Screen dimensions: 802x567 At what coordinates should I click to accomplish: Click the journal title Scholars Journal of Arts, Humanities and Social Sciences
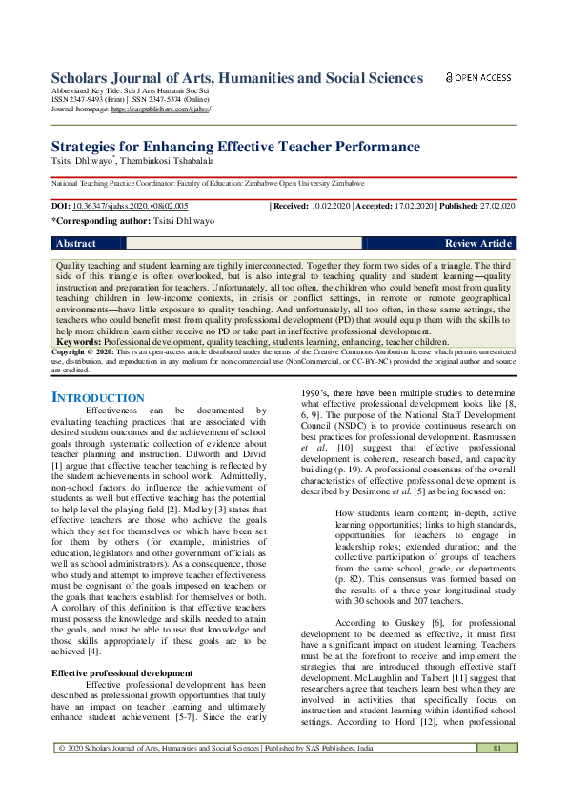tap(236, 78)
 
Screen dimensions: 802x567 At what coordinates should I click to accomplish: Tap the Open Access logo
tap(478, 77)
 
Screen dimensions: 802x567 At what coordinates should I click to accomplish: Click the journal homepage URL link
tap(161, 110)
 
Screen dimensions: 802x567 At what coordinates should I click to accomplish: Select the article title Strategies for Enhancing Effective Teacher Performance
tap(221, 147)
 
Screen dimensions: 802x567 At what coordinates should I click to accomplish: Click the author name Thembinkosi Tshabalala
tap(169, 162)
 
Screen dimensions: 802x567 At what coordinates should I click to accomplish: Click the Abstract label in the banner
tap(76, 244)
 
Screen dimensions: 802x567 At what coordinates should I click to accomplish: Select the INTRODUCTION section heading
tap(85, 397)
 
